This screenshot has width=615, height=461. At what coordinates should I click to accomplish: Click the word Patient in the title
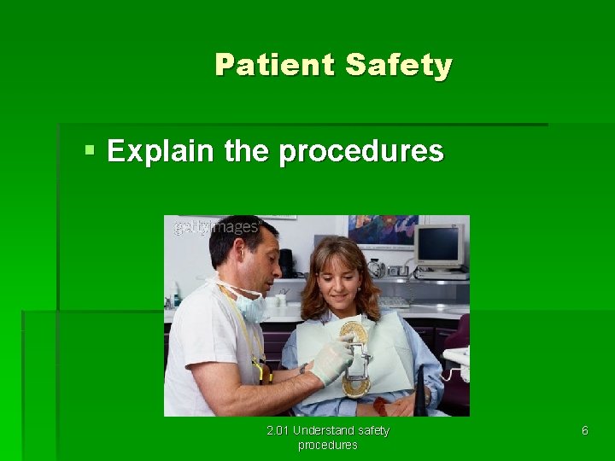[275, 65]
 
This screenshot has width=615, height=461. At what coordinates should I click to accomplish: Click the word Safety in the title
[398, 65]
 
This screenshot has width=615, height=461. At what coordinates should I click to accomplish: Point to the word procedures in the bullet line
[361, 151]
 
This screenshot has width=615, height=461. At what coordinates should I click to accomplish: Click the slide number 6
[584, 431]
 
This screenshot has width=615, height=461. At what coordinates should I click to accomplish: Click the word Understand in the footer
[324, 430]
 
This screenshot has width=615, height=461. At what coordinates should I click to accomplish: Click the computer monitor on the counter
[439, 245]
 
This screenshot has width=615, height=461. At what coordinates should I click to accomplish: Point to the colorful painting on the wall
[382, 231]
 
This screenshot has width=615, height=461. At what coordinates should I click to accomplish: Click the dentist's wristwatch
[303, 368]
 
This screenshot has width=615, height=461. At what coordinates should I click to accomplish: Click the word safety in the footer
[373, 430]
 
